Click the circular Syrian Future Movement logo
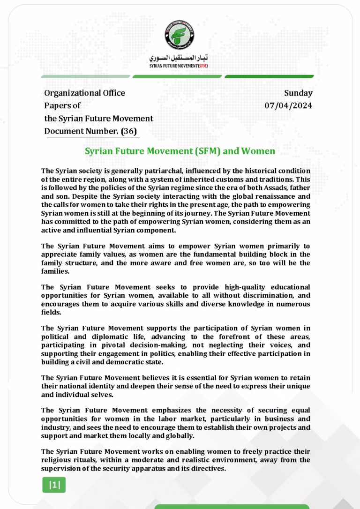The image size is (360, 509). click(180, 35)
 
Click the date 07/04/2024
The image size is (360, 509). click(288, 105)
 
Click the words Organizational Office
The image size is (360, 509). click(85, 93)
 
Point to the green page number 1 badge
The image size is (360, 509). click(54, 485)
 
